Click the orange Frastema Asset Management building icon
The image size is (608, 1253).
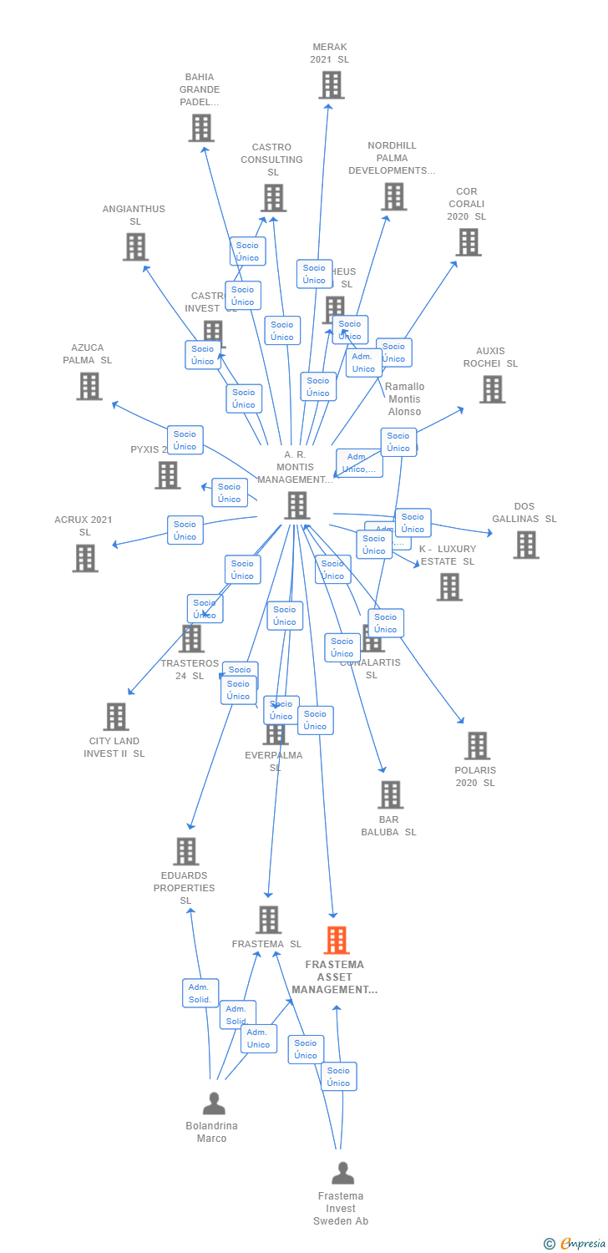click(x=337, y=941)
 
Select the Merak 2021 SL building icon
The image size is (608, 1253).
click(x=332, y=85)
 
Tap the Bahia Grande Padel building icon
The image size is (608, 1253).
click(x=201, y=128)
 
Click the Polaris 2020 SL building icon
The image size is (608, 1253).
click(x=477, y=746)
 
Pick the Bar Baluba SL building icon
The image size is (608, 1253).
click(x=390, y=795)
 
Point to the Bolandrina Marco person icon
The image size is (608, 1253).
click(x=214, y=1103)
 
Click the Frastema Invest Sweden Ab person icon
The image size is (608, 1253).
click(x=342, y=1174)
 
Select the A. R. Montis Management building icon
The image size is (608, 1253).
click(x=297, y=505)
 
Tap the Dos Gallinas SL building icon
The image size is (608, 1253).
click(x=526, y=545)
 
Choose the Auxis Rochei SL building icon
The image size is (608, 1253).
click(x=492, y=389)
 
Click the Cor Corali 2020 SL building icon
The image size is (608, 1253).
click(x=469, y=242)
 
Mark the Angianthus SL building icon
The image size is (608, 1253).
click(x=135, y=247)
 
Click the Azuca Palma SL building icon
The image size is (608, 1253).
click(x=89, y=386)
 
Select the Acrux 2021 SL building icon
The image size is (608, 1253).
click(x=85, y=558)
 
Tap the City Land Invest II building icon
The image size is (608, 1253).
click(x=116, y=717)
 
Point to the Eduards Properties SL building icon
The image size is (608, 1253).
click(x=185, y=852)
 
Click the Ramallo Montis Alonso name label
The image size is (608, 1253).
click(x=404, y=399)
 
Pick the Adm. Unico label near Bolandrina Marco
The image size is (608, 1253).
click(x=259, y=1038)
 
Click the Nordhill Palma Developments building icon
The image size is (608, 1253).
click(x=393, y=196)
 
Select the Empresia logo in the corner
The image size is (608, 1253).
click(x=576, y=1244)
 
